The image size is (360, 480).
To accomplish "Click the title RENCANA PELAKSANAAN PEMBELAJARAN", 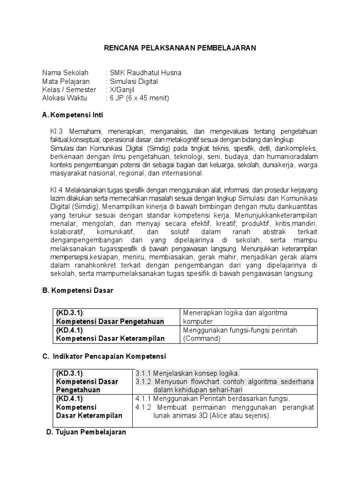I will coord(180,48).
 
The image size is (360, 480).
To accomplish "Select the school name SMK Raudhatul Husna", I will coord(145,73).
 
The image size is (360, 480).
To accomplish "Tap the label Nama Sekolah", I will coord(65,73).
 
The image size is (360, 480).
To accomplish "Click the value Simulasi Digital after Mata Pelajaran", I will coord(134,81).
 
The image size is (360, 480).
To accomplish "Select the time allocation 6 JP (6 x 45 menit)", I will coord(139,98).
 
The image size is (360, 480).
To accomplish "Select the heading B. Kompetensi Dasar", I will coord(78,291).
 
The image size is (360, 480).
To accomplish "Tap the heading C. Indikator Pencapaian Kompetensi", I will coord(104,356).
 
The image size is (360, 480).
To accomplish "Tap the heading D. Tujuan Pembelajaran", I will coord(86,433).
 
